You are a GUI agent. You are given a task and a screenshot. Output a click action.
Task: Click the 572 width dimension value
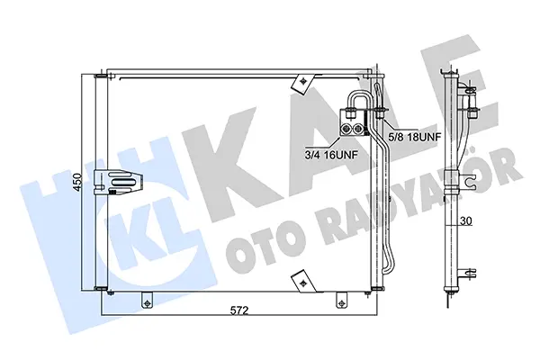point(239,310)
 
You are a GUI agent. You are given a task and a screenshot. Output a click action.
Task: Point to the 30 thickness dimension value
point(466,220)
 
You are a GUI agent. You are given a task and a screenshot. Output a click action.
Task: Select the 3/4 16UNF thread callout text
point(331,155)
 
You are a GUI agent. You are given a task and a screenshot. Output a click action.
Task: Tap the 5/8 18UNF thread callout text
point(414,137)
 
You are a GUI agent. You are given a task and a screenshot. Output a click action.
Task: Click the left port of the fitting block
point(346,129)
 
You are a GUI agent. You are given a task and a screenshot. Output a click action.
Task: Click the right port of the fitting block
point(358,129)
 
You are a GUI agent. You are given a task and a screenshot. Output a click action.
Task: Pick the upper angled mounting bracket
point(302,84)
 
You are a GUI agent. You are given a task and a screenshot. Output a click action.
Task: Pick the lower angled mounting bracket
point(303,281)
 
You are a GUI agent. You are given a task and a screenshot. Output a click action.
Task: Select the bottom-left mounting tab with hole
point(147,300)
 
